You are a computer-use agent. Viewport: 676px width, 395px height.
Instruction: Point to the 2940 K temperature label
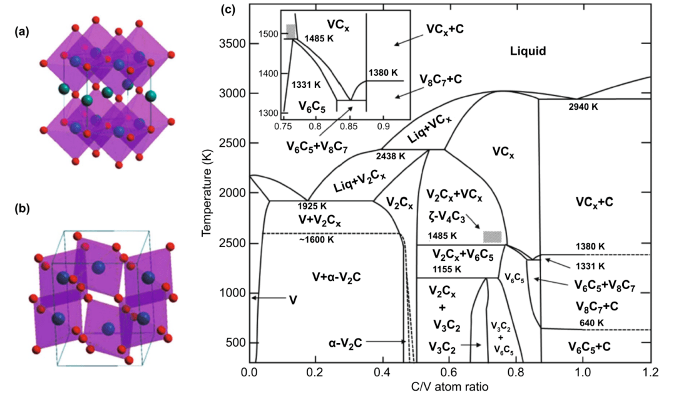tap(583, 107)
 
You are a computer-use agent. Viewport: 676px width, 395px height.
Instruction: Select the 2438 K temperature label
tap(390, 156)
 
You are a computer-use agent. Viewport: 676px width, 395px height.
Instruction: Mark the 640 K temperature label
tap(591, 323)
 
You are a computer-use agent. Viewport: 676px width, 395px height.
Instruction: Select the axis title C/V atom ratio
tap(450, 386)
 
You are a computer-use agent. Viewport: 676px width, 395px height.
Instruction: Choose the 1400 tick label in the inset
tap(269, 74)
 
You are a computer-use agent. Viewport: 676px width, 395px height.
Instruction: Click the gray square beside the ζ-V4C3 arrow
tap(493, 236)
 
